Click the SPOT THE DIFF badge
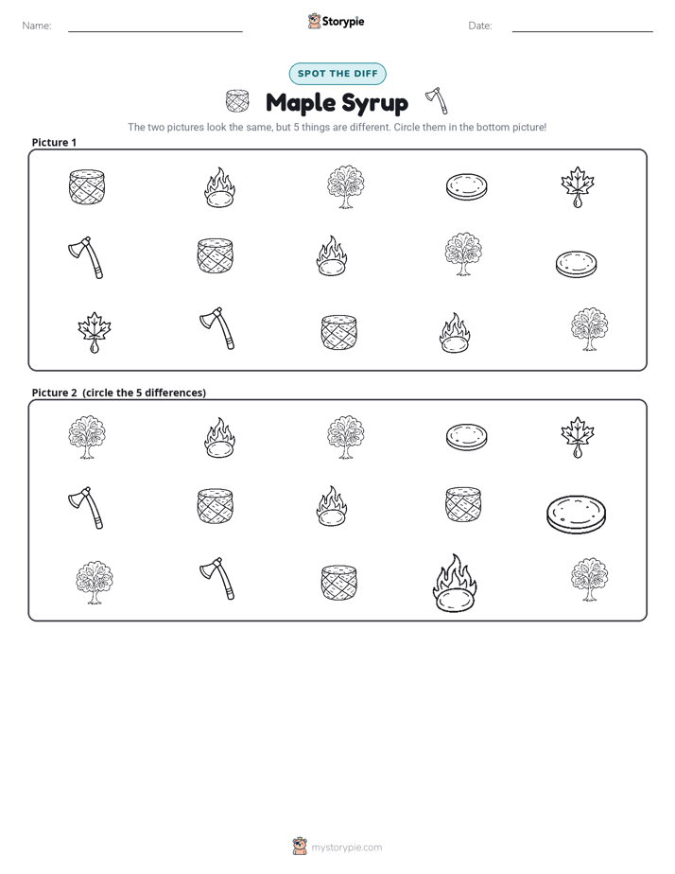click(337, 74)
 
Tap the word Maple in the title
click(301, 102)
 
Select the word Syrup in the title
click(374, 104)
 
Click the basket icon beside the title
click(237, 101)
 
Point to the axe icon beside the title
click(437, 100)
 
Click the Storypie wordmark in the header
click(343, 22)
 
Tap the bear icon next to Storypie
click(314, 21)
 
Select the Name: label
click(37, 26)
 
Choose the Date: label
click(480, 26)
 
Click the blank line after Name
click(155, 31)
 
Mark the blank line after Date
click(582, 31)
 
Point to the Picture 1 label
click(54, 142)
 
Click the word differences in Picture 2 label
click(175, 393)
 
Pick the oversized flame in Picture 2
click(455, 583)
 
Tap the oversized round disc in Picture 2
click(576, 515)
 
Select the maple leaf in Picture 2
click(578, 437)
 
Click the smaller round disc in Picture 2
click(467, 437)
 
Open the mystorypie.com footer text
click(346, 848)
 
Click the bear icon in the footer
click(300, 847)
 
